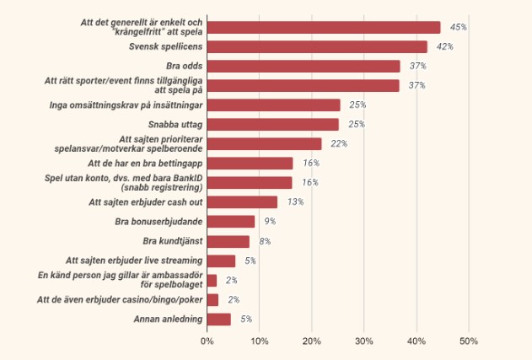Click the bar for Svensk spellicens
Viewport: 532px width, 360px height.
(x=317, y=46)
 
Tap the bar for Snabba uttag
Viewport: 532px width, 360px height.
(x=272, y=124)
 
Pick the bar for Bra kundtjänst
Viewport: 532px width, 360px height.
(x=228, y=241)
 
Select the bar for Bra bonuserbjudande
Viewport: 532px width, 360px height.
(x=230, y=222)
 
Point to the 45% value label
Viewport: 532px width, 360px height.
(x=459, y=28)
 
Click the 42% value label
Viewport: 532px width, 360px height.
(x=445, y=47)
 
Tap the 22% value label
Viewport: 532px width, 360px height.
(x=339, y=144)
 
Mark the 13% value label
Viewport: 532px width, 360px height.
(x=295, y=202)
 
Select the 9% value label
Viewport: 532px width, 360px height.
(x=270, y=222)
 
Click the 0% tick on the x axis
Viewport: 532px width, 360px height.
(x=207, y=341)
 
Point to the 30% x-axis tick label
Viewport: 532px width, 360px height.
(x=364, y=341)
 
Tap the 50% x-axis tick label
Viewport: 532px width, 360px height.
(x=469, y=341)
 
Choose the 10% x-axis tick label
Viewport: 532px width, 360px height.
(x=260, y=341)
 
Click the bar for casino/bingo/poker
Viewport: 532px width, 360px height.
(x=212, y=300)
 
